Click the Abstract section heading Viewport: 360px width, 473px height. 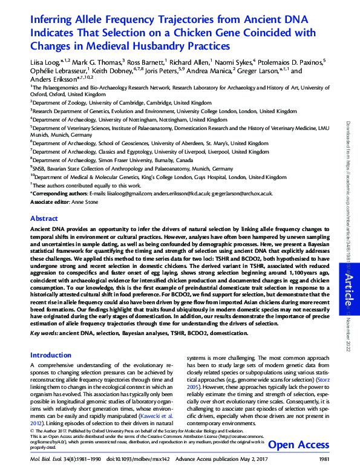pyautogui.click(x=44, y=218)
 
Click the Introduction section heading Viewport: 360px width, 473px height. pyautogui.click(x=51, y=355)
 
